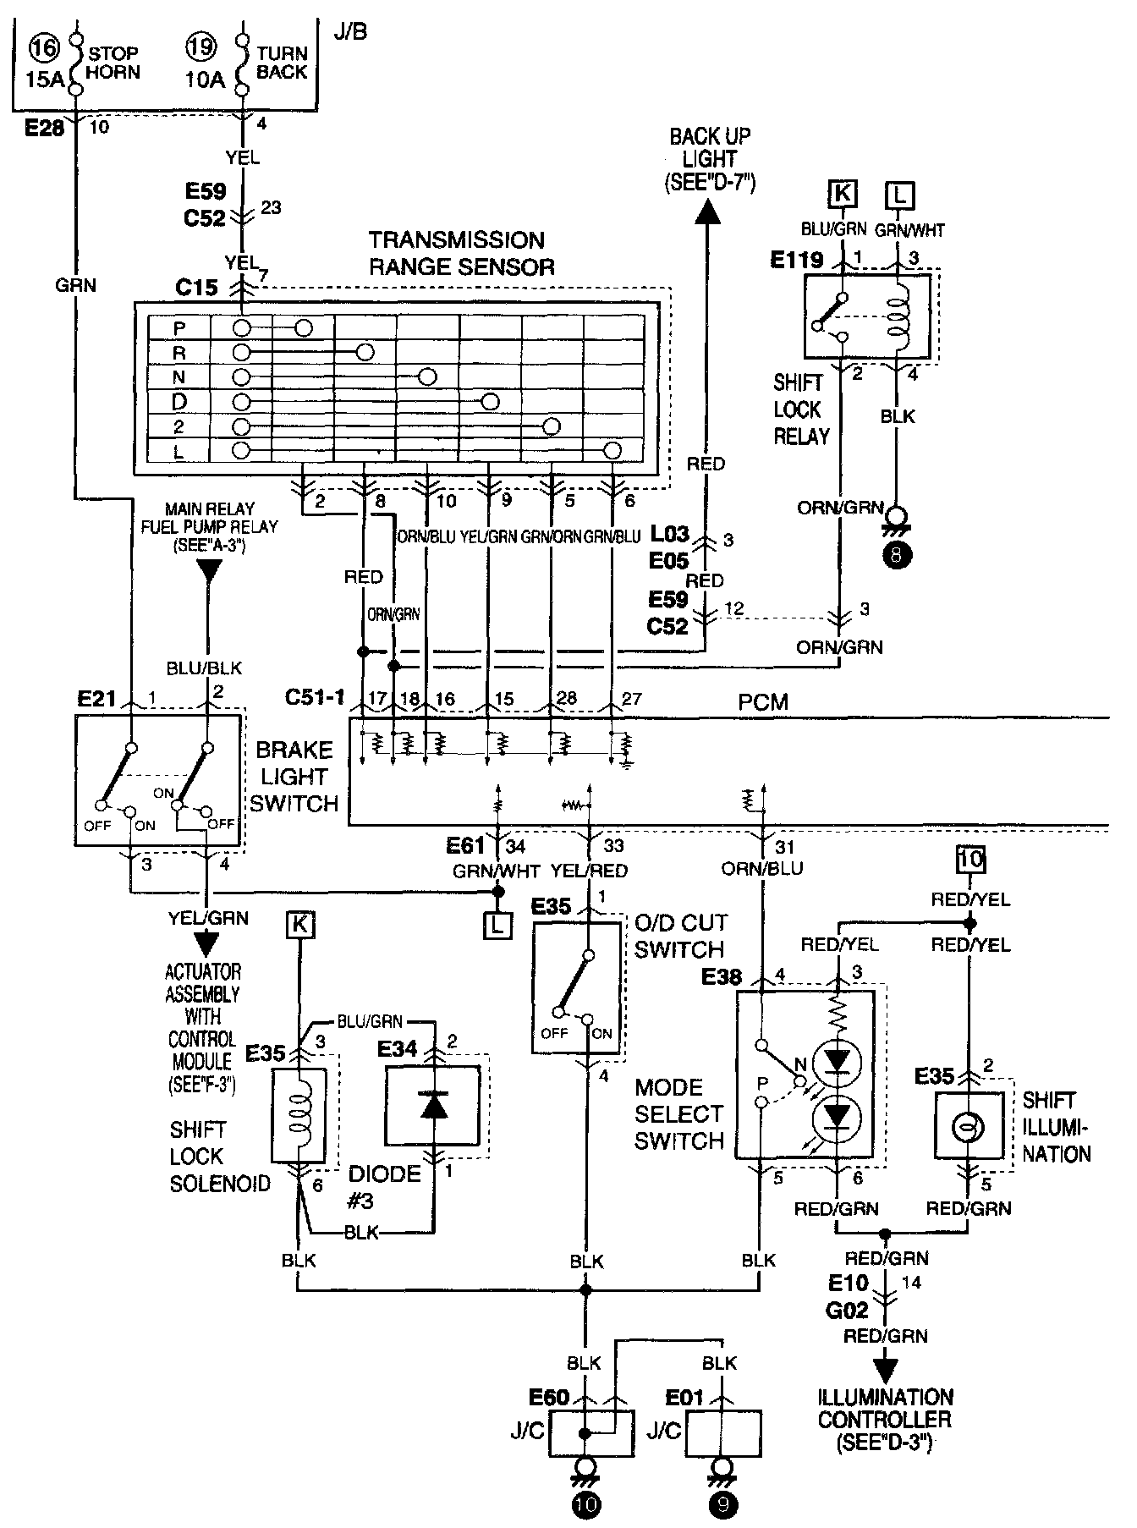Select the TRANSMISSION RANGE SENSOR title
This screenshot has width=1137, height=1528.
click(462, 254)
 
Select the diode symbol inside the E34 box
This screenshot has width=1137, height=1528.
click(433, 1105)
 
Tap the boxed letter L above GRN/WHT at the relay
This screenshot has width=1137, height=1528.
click(899, 195)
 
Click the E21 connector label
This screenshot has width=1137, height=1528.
click(96, 699)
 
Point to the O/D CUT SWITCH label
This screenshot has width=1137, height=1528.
click(680, 936)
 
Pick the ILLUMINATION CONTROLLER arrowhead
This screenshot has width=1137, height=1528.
click(886, 1369)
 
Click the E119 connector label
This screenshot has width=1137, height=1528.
click(796, 260)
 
